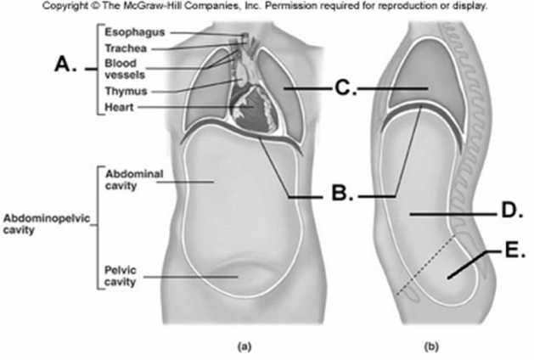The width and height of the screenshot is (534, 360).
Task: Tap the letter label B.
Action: tap(340, 194)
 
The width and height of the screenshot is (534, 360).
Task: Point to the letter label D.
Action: tap(508, 211)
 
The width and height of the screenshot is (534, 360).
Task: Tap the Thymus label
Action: tap(124, 91)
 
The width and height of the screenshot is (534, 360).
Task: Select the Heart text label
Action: tap(118, 107)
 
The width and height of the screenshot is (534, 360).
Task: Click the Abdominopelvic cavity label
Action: tap(44, 222)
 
